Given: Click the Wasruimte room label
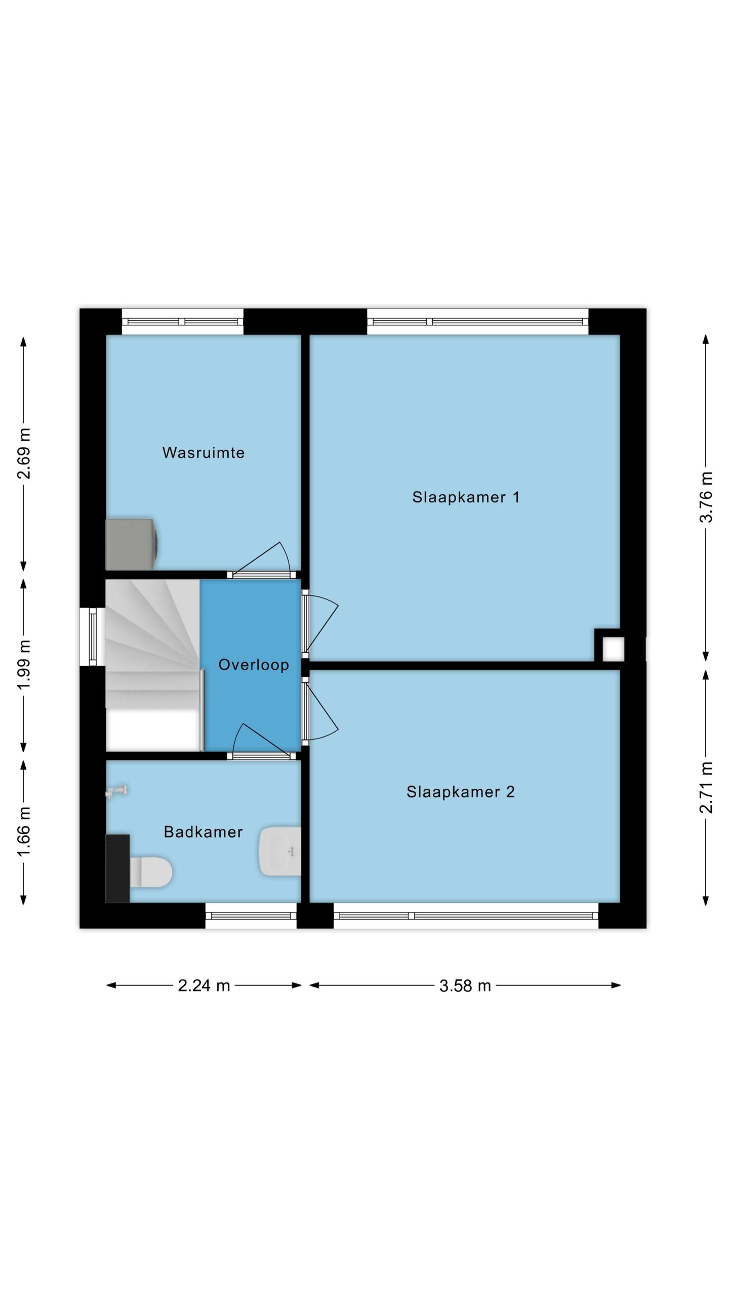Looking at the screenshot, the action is pos(204,453).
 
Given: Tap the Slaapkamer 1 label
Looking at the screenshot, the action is pos(466,497).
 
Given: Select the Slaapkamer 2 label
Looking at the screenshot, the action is pos(461,792).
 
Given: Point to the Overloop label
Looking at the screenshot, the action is pos(254,665).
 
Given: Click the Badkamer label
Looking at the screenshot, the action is pos(204,832).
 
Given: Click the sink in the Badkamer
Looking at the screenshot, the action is pos(280,851).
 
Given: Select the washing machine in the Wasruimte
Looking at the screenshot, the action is pos(132,544).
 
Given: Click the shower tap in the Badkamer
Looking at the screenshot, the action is pos(116,792).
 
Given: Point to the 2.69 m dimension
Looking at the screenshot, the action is pos(24,453).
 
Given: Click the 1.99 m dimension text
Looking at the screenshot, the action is pos(24,664).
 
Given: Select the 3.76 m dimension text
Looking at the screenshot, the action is pos(706,497).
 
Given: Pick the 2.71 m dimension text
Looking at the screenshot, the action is pos(706,788).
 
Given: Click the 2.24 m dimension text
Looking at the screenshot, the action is pos(204,985).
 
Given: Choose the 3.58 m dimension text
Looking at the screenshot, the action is pos(465,985).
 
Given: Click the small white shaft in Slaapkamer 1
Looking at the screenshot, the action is pos(613,649).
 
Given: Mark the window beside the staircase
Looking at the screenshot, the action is pos(93,637).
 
